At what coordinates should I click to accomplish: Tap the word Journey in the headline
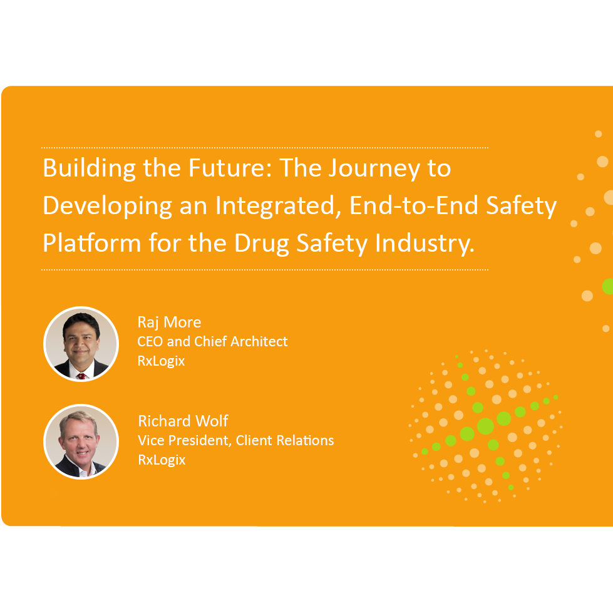[388, 169]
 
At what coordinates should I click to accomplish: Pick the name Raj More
[169, 322]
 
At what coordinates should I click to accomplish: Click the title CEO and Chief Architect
[212, 342]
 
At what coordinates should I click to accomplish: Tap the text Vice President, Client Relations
[235, 440]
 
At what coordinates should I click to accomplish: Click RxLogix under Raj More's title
[161, 361]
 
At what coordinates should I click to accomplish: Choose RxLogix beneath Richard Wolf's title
[162, 460]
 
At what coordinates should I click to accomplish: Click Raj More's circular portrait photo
[81, 344]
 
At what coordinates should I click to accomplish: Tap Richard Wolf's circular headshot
[81, 442]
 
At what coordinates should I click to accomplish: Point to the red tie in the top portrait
[81, 376]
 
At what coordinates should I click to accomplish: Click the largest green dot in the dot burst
[485, 426]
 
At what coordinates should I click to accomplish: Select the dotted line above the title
[264, 148]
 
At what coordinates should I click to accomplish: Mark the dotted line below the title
[264, 270]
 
